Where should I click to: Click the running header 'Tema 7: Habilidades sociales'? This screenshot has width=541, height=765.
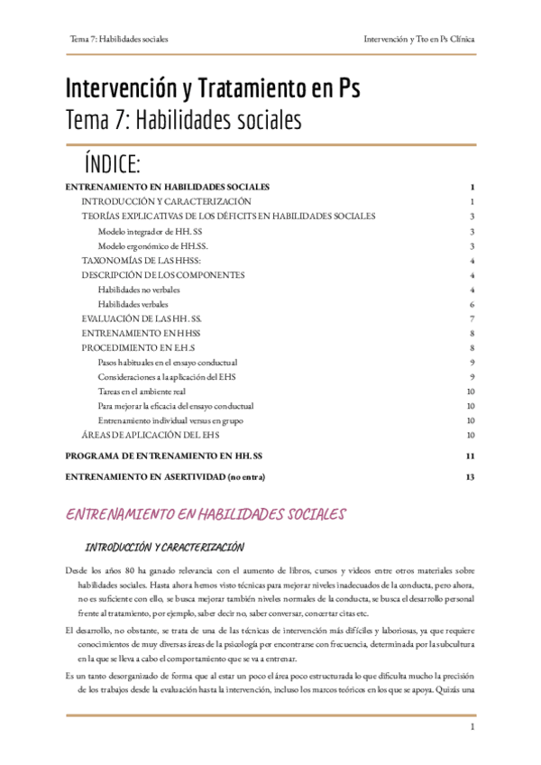[119, 40]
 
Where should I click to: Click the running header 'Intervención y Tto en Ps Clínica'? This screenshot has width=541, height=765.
[419, 40]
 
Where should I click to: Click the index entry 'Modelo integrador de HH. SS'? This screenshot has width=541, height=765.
[151, 231]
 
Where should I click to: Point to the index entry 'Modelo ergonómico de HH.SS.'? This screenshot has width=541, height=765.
[152, 245]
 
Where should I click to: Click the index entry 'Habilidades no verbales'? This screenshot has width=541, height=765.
[139, 290]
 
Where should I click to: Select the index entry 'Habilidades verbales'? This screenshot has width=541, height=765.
[133, 304]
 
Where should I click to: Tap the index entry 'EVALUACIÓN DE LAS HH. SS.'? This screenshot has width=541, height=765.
[142, 318]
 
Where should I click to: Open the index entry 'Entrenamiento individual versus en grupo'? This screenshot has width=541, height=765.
[170, 420]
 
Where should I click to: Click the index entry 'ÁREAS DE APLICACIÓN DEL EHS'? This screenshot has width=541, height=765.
[149, 435]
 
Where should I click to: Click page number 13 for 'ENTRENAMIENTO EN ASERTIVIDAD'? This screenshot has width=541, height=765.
[470, 476]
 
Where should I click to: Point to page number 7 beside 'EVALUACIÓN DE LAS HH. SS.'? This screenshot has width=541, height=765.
[472, 318]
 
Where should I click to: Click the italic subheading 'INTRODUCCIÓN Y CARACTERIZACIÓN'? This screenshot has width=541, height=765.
[165, 547]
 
